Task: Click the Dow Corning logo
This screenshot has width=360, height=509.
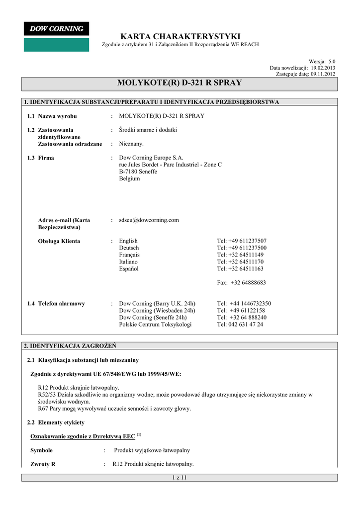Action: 56,36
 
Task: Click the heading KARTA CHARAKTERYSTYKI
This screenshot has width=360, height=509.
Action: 180,37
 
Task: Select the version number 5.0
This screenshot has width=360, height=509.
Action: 332,61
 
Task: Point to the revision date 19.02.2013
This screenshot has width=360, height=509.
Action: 323,68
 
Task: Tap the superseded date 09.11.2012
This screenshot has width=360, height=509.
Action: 323,74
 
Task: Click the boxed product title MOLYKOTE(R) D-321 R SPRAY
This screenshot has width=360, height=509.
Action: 180,83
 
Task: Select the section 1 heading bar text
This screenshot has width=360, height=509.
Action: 152,102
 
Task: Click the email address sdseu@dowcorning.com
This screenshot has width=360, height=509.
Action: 149,220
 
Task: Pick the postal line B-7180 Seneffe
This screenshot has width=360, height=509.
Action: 138,171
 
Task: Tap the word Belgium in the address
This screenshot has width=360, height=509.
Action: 129,178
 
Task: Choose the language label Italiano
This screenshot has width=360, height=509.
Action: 128,262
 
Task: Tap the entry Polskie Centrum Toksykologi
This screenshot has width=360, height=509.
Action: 155,325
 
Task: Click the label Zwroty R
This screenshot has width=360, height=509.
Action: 43,464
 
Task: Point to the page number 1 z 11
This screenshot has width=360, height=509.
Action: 179,478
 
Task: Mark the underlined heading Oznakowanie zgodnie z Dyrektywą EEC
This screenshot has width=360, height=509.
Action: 83,436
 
